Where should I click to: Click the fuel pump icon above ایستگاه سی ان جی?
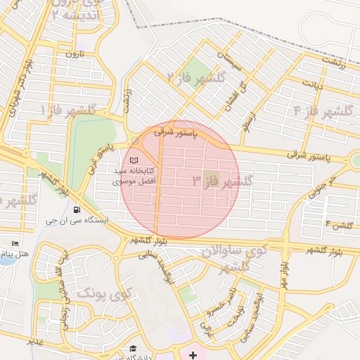pos(76,210)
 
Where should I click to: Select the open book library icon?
pos(134,160)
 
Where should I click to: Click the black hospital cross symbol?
pos(193,355)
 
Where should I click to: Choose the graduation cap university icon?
pos(132,349)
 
